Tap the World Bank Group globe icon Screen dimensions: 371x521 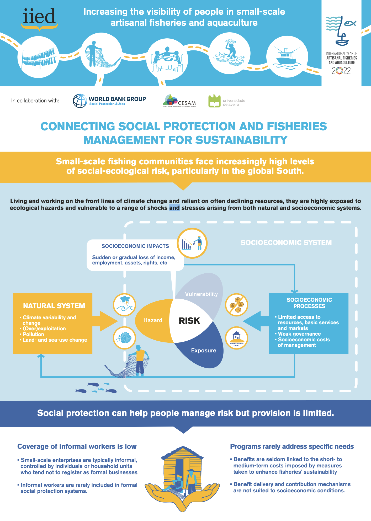pos(80,101)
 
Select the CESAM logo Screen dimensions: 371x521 pos(179,101)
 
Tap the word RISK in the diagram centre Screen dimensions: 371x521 pos(189,321)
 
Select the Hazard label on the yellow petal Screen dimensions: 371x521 pos(153,320)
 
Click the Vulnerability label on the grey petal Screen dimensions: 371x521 pos(202,294)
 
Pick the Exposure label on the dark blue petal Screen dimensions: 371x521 pos(204,350)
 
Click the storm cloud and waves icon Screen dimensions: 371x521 pos(124,305)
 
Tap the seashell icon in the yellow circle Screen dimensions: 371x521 pos(124,338)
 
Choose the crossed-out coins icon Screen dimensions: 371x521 pos(237,305)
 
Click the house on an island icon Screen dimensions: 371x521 pos(237,338)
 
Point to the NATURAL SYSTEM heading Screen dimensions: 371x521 pos(54,306)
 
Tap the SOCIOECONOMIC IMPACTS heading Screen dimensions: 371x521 pos(135,246)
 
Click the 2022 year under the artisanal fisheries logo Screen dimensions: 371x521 pos(341,71)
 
